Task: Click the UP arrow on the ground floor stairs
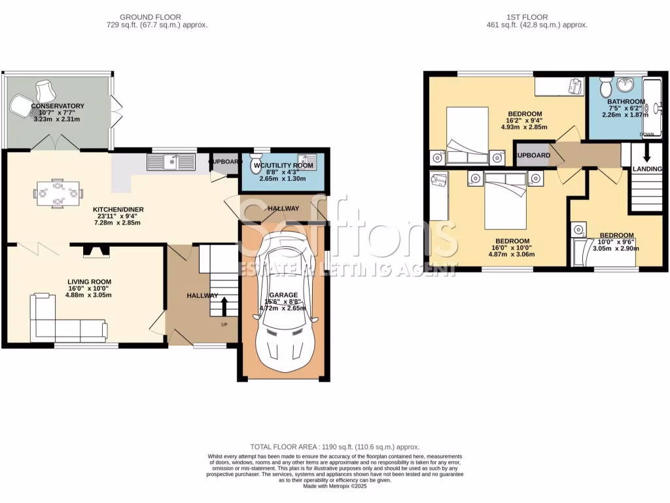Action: click(224, 306)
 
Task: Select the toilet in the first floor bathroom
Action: click(605, 86)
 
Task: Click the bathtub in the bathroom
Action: click(653, 108)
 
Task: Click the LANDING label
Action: click(646, 169)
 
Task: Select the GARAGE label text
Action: click(283, 295)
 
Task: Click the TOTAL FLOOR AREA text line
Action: click(334, 447)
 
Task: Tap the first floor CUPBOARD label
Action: click(531, 155)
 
